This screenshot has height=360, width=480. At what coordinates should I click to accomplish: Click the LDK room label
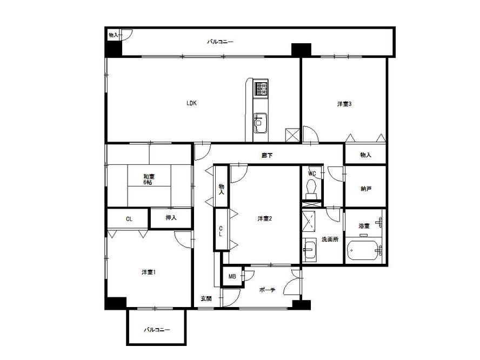[x=191, y=103]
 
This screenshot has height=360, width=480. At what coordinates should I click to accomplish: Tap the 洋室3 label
[x=344, y=104]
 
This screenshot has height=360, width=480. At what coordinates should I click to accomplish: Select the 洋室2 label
[x=265, y=218]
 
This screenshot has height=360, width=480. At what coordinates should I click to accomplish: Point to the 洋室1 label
[x=149, y=272]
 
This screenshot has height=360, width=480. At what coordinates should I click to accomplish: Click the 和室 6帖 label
[x=149, y=179]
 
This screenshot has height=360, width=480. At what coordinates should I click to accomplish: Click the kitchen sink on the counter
[x=260, y=123]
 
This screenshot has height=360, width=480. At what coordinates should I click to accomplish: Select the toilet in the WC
[x=311, y=186]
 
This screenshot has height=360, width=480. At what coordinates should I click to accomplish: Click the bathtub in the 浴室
[x=363, y=250]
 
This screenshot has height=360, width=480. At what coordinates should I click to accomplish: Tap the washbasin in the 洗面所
[x=309, y=249]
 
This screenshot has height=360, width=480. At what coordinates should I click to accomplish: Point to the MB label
[x=232, y=276]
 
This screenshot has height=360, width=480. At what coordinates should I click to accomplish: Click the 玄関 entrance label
[x=206, y=298]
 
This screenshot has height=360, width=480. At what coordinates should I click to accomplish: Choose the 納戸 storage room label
[x=366, y=189]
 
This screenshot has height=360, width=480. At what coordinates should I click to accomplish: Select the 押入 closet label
[x=171, y=218]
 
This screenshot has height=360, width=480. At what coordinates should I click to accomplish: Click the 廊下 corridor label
[x=267, y=156]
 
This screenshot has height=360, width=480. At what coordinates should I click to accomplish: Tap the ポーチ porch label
[x=267, y=290]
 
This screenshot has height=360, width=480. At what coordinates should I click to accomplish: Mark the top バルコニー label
[x=220, y=42]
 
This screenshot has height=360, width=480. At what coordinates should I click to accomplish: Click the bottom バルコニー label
[x=157, y=330]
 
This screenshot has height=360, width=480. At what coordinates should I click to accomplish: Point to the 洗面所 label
[x=330, y=239]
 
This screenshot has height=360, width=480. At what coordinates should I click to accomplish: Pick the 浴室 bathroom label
[x=364, y=226]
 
